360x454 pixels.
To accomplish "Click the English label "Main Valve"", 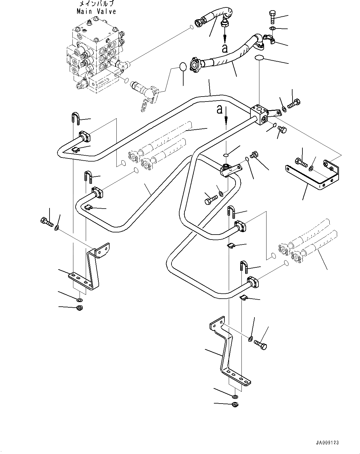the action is coord(97,11).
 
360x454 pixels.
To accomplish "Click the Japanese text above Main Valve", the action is coord(97,4).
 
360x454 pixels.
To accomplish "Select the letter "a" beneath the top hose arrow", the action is coord(225,48).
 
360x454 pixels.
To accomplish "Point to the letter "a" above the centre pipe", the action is coord(220,110).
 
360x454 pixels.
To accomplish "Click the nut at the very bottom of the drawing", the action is coord(235,404).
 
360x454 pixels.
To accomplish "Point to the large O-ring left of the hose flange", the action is coord(183,67).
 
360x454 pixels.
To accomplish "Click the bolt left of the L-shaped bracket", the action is coord(47,222).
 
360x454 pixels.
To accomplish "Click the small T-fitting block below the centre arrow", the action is coord(231,170).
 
